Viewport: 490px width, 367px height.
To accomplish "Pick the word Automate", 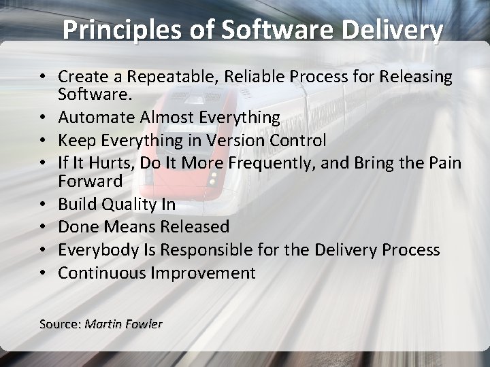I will coord(96,118).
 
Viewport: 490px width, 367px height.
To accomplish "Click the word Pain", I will coord(445,164).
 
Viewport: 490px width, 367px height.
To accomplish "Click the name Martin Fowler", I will coord(123,324).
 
